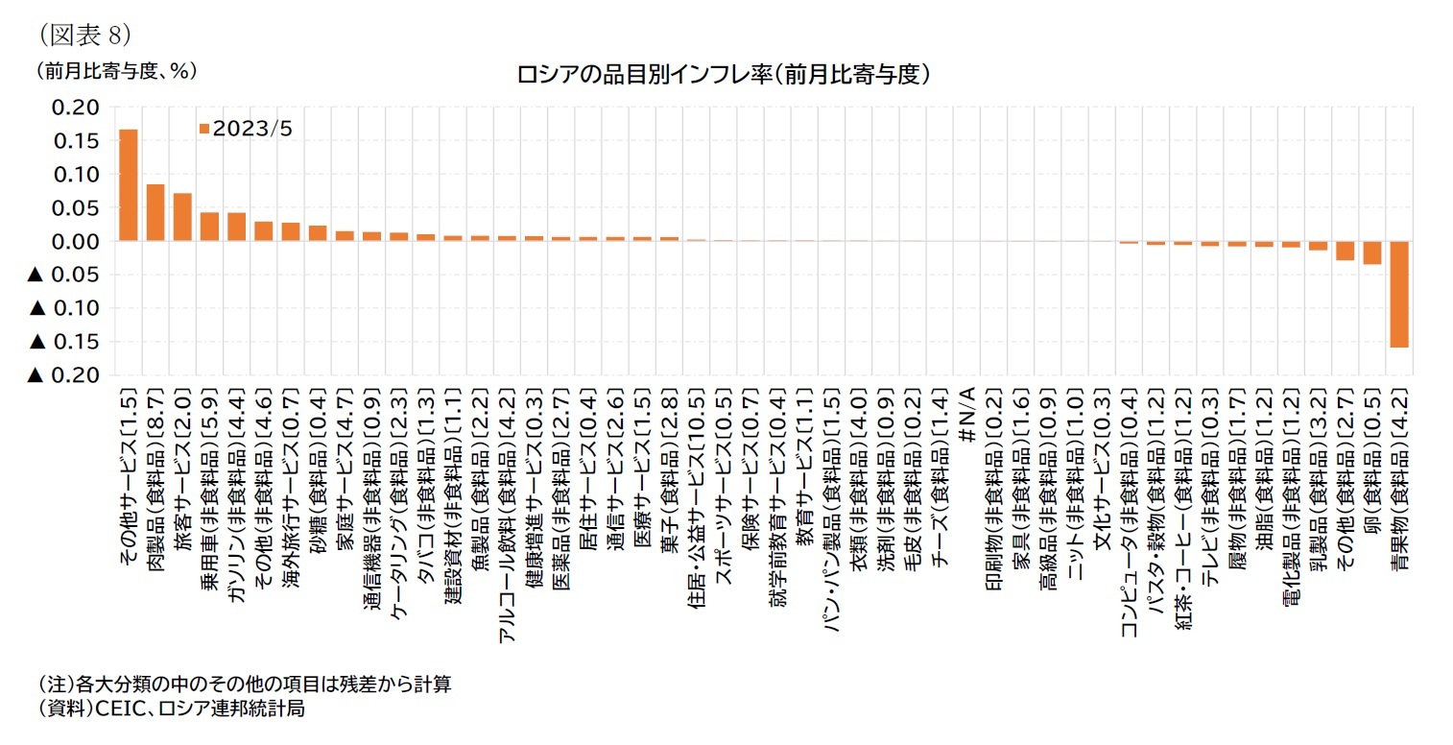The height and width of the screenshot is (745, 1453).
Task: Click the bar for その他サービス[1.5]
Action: [128, 184]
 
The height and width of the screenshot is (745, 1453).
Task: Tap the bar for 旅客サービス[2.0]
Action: [182, 217]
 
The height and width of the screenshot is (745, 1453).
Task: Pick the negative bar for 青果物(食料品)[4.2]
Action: [1399, 294]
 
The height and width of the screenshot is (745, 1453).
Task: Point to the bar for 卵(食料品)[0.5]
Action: [1372, 252]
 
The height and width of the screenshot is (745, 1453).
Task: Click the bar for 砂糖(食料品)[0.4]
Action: [318, 233]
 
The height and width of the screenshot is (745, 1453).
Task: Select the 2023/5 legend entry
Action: [245, 129]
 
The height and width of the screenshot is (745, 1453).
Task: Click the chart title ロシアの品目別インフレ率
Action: [725, 74]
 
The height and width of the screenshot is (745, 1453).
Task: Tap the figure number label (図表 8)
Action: [84, 35]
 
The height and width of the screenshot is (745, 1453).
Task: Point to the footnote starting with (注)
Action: [244, 685]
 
